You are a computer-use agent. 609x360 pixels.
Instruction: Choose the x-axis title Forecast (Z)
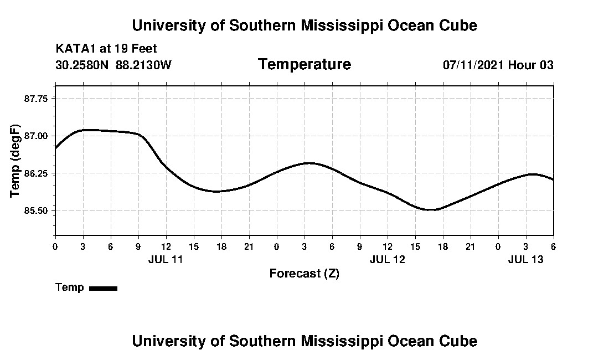[304, 274]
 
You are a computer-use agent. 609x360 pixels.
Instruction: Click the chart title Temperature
[304, 65]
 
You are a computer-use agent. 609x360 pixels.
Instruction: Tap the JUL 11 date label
[166, 259]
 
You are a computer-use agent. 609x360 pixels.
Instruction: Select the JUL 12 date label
[387, 259]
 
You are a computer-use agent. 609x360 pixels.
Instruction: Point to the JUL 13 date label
[525, 259]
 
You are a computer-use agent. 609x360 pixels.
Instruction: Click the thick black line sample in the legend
[103, 288]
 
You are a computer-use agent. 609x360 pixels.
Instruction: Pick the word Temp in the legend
[70, 287]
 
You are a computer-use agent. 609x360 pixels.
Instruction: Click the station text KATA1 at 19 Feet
[106, 49]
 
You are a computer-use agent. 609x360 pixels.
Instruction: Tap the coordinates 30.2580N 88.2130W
[113, 65]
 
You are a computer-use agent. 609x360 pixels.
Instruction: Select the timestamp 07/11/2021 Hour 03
[498, 65]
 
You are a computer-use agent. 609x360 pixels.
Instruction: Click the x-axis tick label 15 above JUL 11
[193, 246]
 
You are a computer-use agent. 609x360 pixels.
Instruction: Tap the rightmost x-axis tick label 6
[553, 246]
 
